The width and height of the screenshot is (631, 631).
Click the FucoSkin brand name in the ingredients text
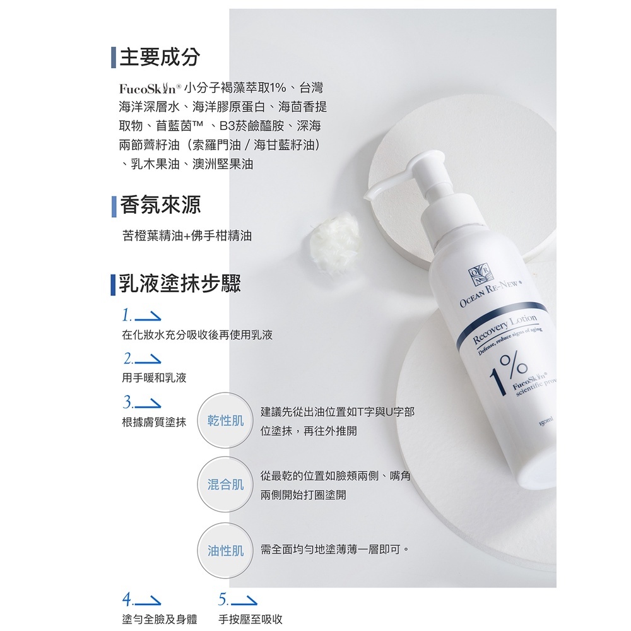click(x=150, y=88)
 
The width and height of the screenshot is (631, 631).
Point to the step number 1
click(x=127, y=315)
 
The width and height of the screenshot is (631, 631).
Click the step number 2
click(x=129, y=358)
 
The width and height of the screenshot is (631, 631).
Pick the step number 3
click(x=128, y=402)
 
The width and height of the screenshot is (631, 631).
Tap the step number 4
click(x=127, y=598)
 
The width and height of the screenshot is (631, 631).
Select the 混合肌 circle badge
click(x=225, y=484)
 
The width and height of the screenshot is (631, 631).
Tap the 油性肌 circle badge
click(x=225, y=551)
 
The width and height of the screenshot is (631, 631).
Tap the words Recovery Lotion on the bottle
click(x=505, y=328)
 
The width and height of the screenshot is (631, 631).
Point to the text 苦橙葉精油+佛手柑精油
click(x=187, y=236)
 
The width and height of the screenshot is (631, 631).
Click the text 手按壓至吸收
click(x=251, y=620)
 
